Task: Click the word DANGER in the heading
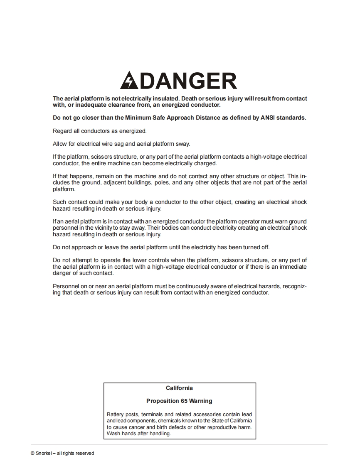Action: point(187,81)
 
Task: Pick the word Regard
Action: point(62,131)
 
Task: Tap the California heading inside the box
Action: point(179,388)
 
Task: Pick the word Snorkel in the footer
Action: point(44,453)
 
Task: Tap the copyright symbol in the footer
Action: point(32,453)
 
